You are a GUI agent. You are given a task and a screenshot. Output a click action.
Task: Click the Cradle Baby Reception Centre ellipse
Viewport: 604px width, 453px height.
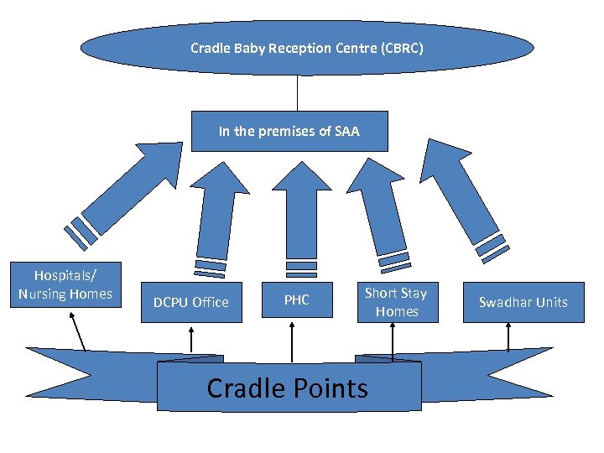(x=306, y=48)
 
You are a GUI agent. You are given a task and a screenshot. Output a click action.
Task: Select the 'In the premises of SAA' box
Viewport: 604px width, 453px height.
(x=289, y=131)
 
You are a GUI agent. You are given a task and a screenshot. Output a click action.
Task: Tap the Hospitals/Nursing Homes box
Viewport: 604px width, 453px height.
(x=65, y=285)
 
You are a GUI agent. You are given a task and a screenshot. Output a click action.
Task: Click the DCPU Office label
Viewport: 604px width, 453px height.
(x=190, y=302)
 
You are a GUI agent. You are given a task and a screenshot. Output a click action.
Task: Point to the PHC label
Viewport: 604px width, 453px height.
(x=296, y=299)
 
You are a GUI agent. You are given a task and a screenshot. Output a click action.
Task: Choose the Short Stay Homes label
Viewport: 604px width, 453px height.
(x=396, y=302)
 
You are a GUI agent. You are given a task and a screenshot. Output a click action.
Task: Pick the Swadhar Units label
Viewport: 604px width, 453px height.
(x=523, y=302)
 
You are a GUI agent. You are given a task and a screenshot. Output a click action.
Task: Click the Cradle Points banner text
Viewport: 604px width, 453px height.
(x=288, y=388)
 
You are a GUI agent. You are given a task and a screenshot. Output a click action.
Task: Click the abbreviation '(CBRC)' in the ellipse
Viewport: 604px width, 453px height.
(x=402, y=48)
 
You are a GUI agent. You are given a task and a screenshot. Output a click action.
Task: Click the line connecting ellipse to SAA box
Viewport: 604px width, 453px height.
(x=297, y=92)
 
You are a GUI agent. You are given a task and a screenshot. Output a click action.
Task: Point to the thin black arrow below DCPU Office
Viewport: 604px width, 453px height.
(x=192, y=340)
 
